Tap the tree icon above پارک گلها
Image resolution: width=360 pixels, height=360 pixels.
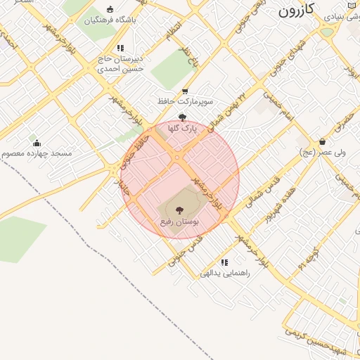click(x=183, y=117)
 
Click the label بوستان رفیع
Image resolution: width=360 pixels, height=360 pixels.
click(x=178, y=222)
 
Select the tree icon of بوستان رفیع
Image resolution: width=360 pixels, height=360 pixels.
click(x=179, y=210)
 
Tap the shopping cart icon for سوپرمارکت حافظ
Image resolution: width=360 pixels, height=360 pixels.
click(x=185, y=91)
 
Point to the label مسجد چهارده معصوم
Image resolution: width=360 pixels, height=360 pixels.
click(x=32, y=153)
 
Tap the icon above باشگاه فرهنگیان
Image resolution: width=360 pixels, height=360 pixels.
click(x=110, y=9)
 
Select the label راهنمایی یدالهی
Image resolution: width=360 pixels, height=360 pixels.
click(x=225, y=273)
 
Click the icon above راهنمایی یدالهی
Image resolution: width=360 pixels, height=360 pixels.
click(x=224, y=262)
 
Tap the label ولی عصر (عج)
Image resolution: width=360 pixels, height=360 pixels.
click(x=322, y=152)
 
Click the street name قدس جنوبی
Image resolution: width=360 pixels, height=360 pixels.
click(x=186, y=249)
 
